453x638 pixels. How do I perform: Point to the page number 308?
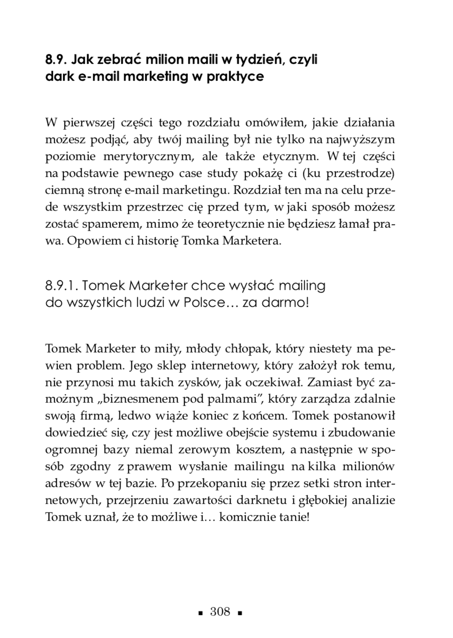tap(220, 612)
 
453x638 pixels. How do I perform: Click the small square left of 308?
tap(201, 613)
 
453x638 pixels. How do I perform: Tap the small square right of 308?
tap(239, 613)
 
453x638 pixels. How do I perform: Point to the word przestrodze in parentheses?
tap(359, 174)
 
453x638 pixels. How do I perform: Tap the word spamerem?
tap(109, 224)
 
